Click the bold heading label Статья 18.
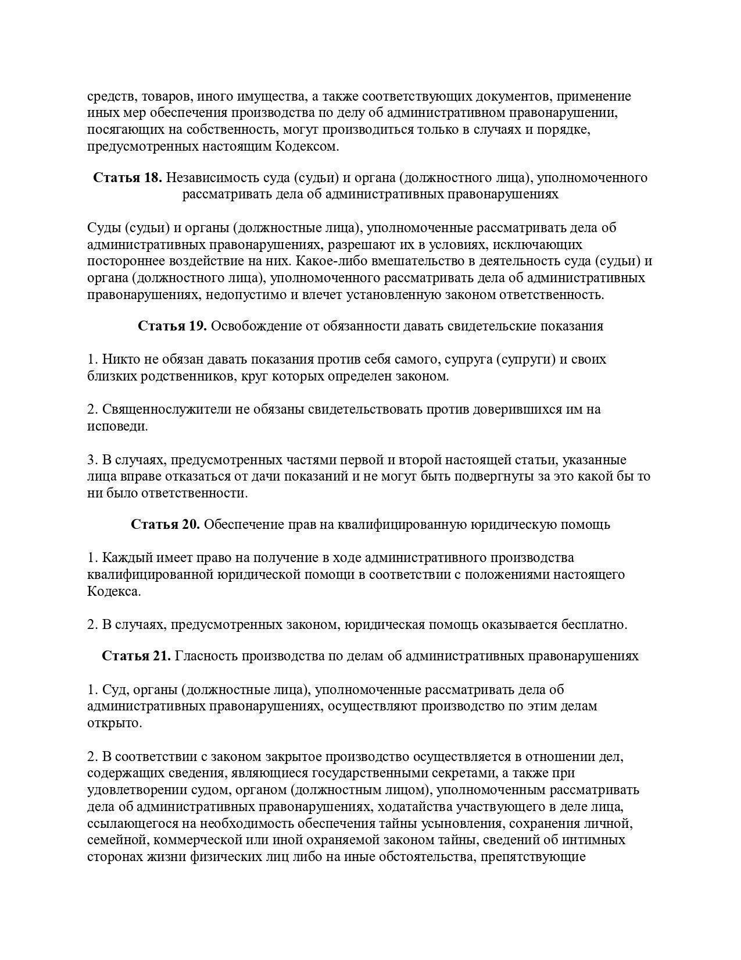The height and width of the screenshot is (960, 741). pos(127,177)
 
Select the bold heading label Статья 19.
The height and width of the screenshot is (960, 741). pos(172,326)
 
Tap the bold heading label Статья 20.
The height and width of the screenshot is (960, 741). pos(165,524)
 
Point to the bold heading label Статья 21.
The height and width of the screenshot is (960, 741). pos(136,656)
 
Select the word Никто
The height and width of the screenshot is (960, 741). pos(120,359)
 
